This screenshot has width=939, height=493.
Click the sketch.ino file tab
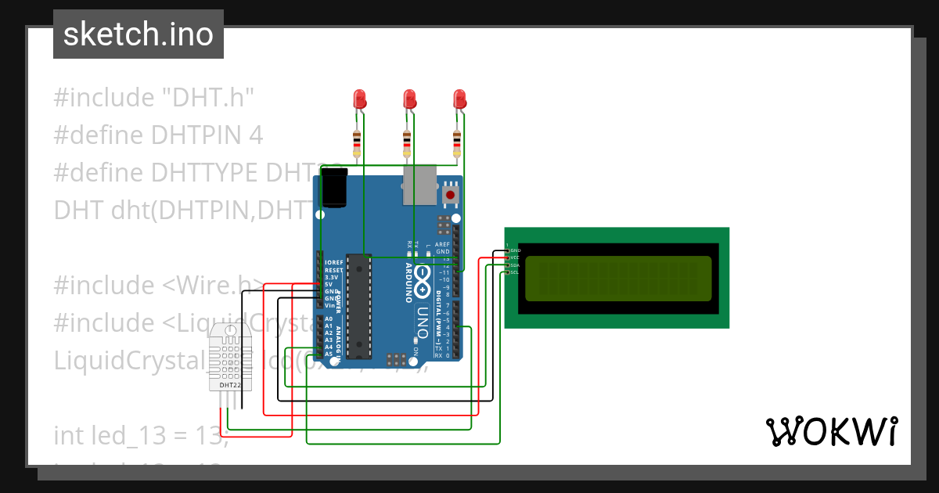(138, 34)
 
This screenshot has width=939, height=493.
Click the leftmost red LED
(360, 99)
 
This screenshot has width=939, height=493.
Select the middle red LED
(409, 99)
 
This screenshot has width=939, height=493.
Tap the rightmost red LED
(459, 99)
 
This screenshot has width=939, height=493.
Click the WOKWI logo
(831, 431)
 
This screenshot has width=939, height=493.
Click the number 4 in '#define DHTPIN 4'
(254, 135)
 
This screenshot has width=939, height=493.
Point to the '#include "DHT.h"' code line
(154, 98)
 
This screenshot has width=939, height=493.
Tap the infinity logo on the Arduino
(423, 278)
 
